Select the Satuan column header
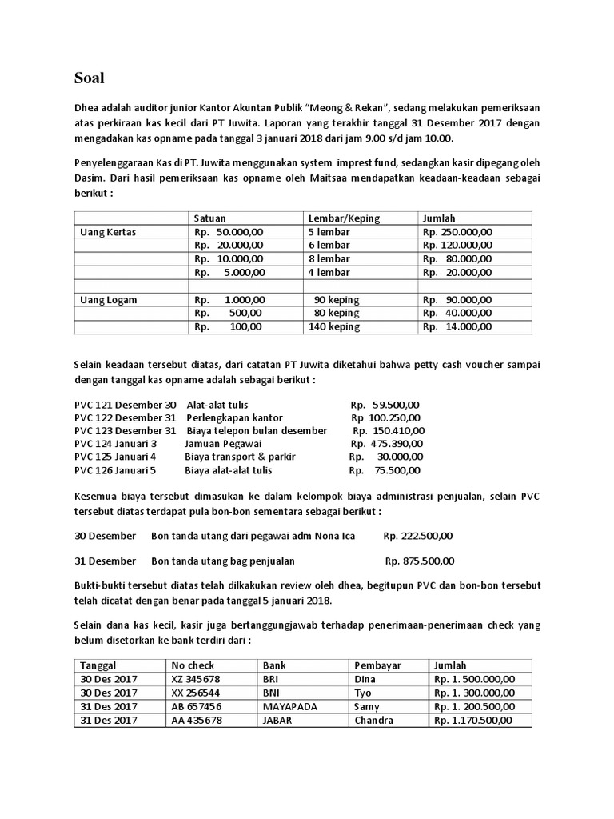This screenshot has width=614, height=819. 209,218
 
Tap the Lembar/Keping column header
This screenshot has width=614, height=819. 344,218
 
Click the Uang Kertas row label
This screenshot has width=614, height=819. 108,232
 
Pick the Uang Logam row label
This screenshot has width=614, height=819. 108,300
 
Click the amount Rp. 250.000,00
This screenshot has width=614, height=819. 457,232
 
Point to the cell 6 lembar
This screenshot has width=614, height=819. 329,246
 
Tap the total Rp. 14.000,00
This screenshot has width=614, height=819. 457,326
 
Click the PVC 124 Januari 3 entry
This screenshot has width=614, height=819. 115,443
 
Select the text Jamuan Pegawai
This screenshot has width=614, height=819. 223,443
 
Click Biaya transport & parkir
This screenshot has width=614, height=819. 229,457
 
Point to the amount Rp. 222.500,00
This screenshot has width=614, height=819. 418,535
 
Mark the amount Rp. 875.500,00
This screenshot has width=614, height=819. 420,561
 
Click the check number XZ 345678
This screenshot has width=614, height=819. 197,679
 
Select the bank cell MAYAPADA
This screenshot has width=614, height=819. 288,706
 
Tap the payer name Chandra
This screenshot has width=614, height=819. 374,720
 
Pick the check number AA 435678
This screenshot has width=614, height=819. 197,720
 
